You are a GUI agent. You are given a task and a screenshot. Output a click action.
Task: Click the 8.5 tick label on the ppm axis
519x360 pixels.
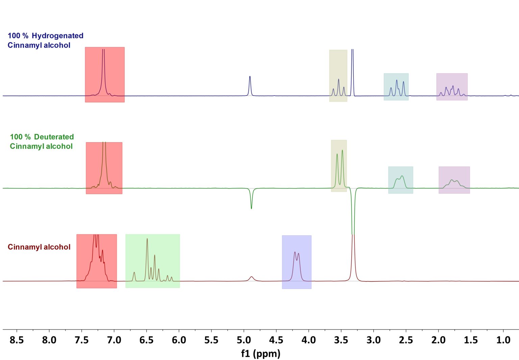tap(17, 340)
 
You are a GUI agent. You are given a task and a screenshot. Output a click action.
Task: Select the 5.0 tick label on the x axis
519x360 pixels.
tap(244, 340)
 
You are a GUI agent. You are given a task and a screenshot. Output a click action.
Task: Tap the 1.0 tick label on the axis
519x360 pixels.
tap(503, 340)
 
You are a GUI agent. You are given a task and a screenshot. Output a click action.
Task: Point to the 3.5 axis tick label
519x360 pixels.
tap(341, 340)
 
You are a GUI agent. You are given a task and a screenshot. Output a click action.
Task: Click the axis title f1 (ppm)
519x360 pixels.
tap(261, 354)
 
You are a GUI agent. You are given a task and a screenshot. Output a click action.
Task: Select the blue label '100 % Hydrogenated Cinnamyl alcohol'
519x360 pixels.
tap(45, 40)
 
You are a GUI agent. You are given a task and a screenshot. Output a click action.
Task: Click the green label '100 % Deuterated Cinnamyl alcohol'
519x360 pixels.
tap(42, 142)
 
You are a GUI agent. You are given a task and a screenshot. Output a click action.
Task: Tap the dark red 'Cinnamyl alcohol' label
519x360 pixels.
tap(39, 247)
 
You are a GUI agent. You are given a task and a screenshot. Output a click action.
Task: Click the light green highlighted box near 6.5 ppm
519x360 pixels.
tap(152, 261)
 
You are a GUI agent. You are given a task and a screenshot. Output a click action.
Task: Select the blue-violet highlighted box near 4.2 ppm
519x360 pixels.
tap(296, 262)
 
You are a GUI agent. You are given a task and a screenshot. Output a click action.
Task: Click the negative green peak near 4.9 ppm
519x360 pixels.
tap(251, 203)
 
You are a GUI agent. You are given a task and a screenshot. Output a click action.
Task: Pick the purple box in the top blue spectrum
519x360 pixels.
tap(452, 87)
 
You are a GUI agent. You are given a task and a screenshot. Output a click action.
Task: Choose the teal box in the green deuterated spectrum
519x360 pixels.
tap(400, 180)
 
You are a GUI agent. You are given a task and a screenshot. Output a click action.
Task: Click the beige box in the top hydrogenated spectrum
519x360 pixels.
tap(338, 76)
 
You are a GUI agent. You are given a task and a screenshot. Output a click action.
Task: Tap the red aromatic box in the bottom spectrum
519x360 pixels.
tap(97, 261)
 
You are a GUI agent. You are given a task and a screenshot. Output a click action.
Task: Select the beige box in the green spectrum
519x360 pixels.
tap(339, 166)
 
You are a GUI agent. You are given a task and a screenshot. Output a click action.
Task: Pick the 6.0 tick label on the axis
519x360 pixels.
tap(179, 340)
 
